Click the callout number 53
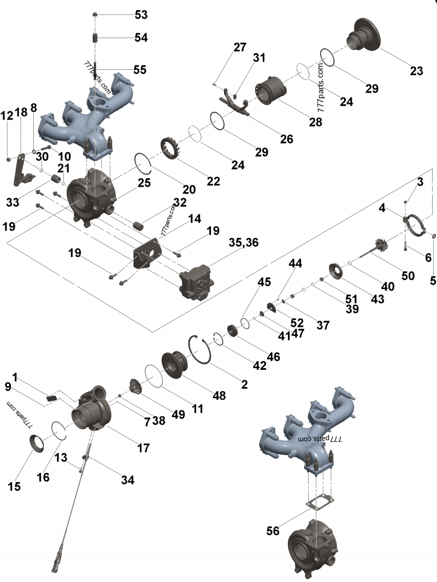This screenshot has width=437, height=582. coord(141,15)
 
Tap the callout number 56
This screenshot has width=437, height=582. coord(276,530)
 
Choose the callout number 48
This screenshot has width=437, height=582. coord(219,395)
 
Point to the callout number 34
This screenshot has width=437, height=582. coord(127,480)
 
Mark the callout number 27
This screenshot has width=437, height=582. coord(240,47)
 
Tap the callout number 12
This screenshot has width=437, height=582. coord(7,116)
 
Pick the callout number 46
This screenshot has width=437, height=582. coord(273,357)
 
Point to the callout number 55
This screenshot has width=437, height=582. coord(140,70)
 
